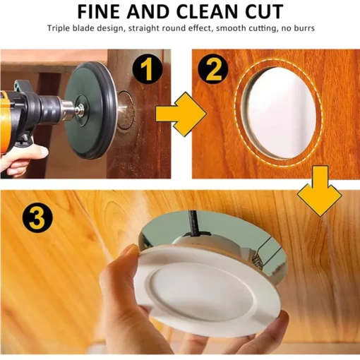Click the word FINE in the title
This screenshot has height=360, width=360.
[x=98, y=11]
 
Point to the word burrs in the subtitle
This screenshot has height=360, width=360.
[x=304, y=28]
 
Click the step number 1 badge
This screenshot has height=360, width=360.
[x=148, y=69]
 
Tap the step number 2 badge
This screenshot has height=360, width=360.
[x=213, y=69]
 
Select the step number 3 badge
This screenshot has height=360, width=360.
[x=37, y=218]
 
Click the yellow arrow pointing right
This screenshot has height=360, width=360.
[x=181, y=114]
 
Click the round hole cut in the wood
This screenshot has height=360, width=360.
[x=280, y=113]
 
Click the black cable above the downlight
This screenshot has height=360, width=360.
[x=192, y=223]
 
